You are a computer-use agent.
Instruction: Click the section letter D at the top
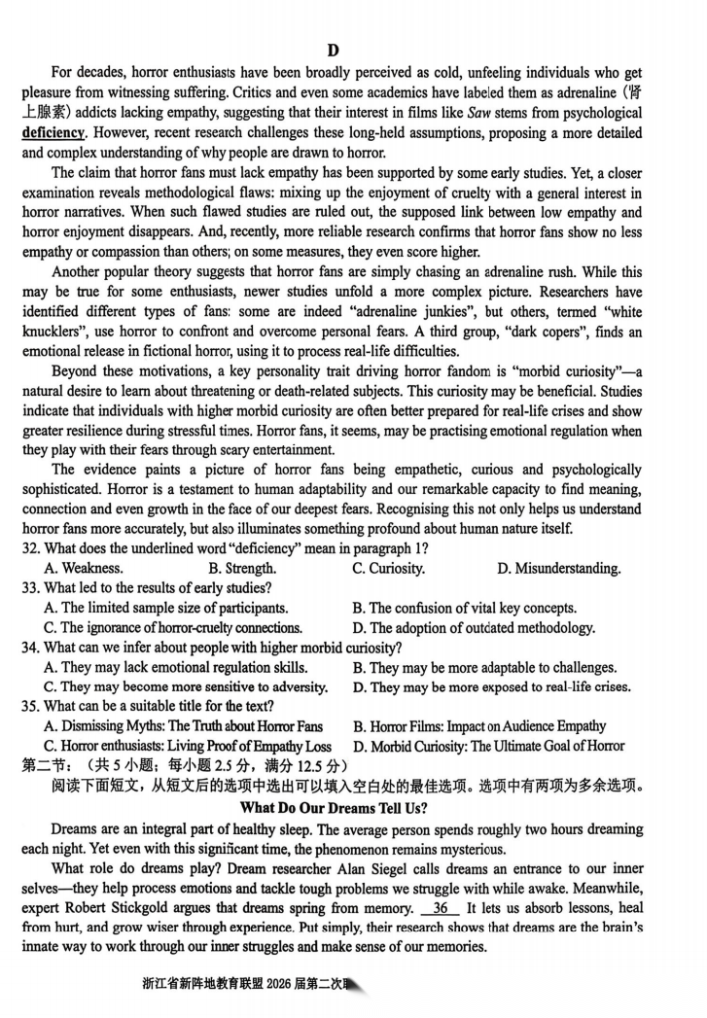pyautogui.click(x=333, y=52)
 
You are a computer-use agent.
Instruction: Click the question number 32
pyautogui.click(x=31, y=548)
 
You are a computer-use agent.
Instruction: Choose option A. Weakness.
pyautogui.click(x=84, y=569)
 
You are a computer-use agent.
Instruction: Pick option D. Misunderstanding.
pyautogui.click(x=557, y=569)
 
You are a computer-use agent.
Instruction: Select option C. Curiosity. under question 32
pyautogui.click(x=388, y=569)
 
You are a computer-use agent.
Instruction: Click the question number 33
pyautogui.click(x=31, y=588)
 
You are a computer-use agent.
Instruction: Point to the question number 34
pyautogui.click(x=31, y=648)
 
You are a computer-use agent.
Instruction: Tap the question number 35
pyautogui.click(x=31, y=707)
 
